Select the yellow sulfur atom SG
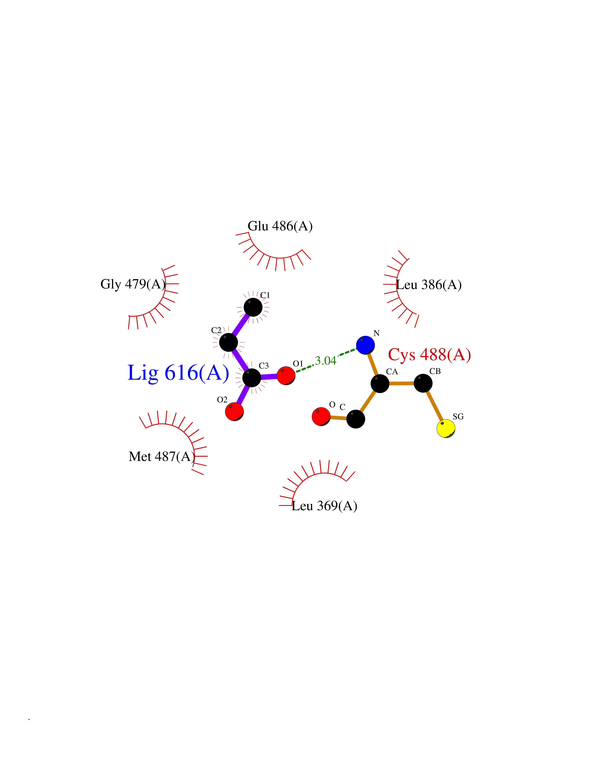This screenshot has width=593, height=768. pos(446,428)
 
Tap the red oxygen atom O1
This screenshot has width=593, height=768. pos(286,376)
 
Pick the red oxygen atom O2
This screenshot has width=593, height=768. pos(234,411)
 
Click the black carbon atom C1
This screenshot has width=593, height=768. pos(253,307)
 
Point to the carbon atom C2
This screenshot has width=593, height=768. pos(228,342)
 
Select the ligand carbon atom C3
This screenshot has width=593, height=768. pos(252,378)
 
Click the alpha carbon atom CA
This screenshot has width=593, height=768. pos(380,383)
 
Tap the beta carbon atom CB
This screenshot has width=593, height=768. pos(423,383)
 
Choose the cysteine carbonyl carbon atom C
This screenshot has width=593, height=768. pos(356,419)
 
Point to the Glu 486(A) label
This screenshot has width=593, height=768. pos(280,226)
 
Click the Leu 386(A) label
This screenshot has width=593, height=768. pos(429,285)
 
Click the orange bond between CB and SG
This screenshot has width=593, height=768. pos(434,406)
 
